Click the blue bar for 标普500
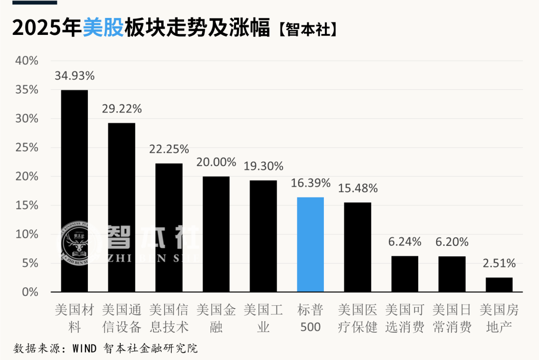310,244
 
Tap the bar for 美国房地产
499,285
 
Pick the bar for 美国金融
216,234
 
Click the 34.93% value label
74,76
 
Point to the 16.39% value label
310,183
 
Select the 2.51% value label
499,263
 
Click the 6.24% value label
405,242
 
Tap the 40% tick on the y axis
27,61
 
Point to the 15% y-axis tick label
27,205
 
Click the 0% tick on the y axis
30,292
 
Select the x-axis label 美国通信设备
122,319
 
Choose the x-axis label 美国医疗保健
358,319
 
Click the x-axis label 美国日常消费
452,319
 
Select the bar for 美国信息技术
169,227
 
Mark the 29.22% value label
122,109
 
